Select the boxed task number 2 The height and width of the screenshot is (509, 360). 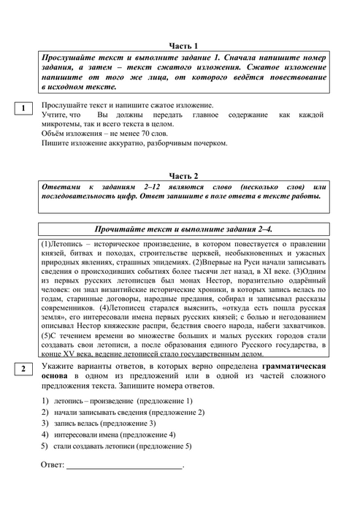click(23, 370)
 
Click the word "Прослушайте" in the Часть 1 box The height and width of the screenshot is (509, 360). click(68, 57)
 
